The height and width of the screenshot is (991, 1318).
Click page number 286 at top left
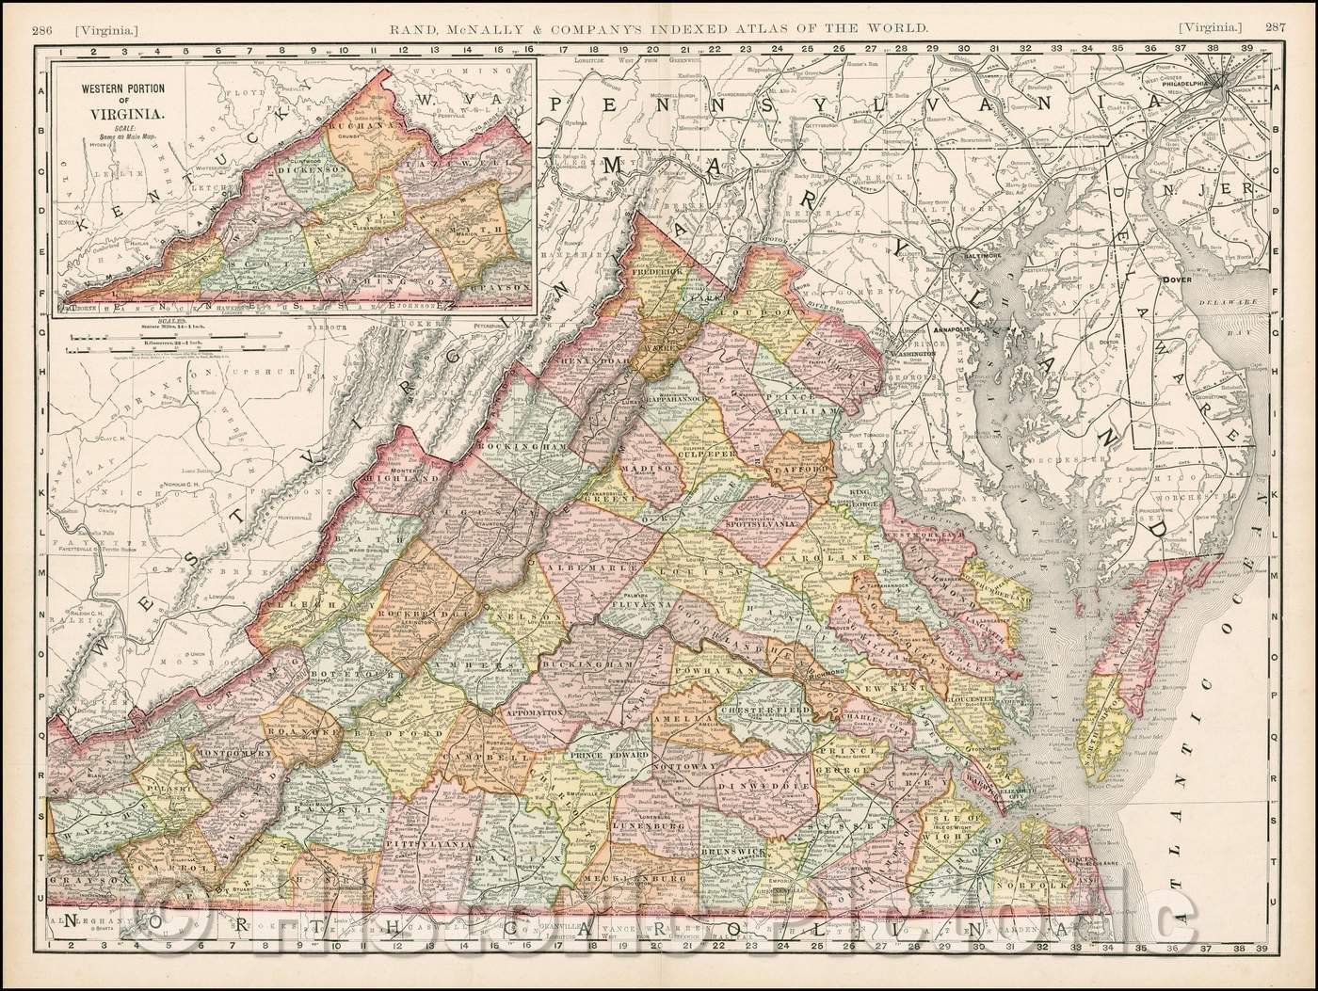point(41,8)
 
